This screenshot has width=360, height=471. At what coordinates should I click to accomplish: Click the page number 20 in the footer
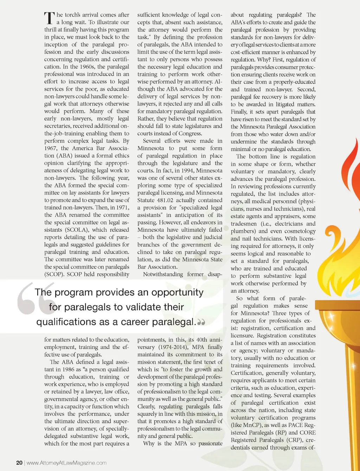click(x=19, y=463)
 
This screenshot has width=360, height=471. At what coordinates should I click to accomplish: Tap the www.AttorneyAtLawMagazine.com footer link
click(x=66, y=463)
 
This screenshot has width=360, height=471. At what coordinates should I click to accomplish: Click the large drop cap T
click(x=49, y=19)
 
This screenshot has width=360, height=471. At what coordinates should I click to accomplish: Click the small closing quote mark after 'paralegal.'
click(x=201, y=322)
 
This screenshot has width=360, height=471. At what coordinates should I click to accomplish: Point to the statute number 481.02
click(x=167, y=200)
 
